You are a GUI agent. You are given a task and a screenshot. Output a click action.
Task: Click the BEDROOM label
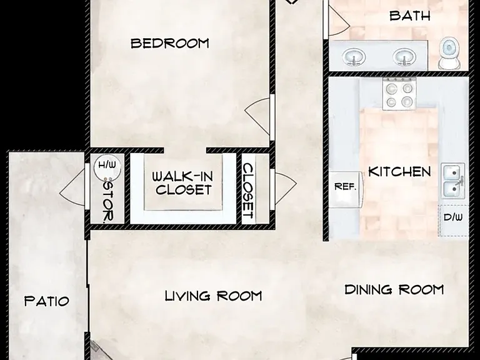pyautogui.click(x=170, y=43)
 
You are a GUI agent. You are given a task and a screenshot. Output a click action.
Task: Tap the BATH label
pyautogui.click(x=410, y=15)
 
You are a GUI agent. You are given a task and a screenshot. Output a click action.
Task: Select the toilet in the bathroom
pyautogui.click(x=449, y=53)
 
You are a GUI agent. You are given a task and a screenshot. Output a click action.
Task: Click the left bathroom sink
pyautogui.click(x=354, y=57)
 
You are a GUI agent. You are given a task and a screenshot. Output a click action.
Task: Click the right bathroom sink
pyautogui.click(x=404, y=57)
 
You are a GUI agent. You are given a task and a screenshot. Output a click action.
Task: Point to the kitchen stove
pyautogui.click(x=399, y=94)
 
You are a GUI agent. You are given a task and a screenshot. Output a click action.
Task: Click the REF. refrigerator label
pyautogui.click(x=345, y=186)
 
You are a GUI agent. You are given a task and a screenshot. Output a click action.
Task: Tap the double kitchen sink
pyautogui.click(x=453, y=181)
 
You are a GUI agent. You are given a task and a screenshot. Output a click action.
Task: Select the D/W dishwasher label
pyautogui.click(x=453, y=217)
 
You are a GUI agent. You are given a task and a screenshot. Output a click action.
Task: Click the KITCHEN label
pyautogui.click(x=399, y=172)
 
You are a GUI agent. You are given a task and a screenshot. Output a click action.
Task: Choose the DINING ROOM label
pyautogui.click(x=394, y=289)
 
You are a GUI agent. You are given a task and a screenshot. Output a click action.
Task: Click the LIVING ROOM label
pyautogui.click(x=213, y=296)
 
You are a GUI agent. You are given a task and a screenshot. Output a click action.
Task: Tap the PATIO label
pyautogui.click(x=46, y=301)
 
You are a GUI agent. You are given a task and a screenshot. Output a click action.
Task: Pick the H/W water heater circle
pyautogui.click(x=107, y=167)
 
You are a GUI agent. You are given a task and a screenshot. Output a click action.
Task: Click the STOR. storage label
pyautogui.click(x=108, y=201)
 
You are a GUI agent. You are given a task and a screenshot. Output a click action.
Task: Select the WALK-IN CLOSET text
pyautogui.click(x=182, y=183)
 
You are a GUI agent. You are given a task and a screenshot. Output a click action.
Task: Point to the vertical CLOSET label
pyautogui.click(x=248, y=191)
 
